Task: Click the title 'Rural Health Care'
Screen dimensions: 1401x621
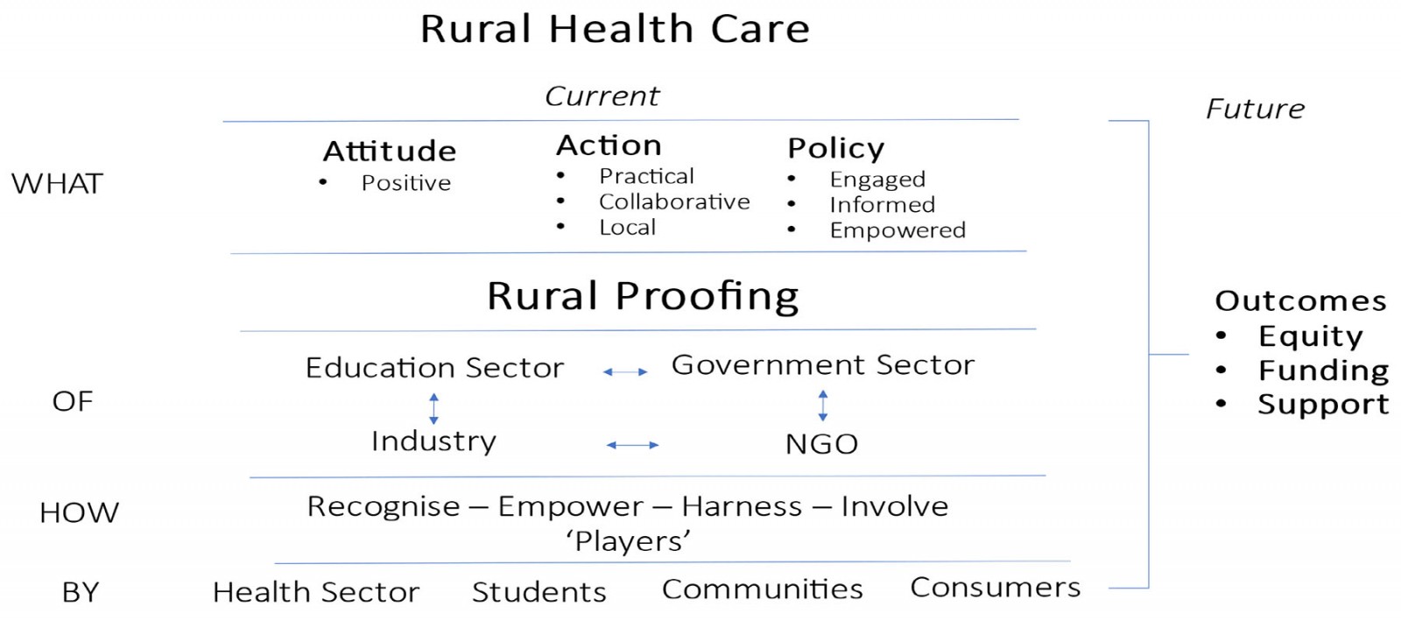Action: pyautogui.click(x=615, y=29)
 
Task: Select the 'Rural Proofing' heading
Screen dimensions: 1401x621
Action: pyautogui.click(x=643, y=296)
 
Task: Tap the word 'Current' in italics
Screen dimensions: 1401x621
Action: pyautogui.click(x=602, y=96)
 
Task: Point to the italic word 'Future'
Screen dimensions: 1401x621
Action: pyautogui.click(x=1255, y=109)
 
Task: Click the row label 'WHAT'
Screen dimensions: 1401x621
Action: pyautogui.click(x=57, y=184)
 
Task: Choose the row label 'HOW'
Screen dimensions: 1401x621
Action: pyautogui.click(x=79, y=512)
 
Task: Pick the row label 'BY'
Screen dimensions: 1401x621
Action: pyautogui.click(x=81, y=591)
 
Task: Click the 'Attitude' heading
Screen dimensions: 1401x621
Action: pyautogui.click(x=390, y=151)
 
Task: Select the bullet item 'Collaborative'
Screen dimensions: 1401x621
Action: pyautogui.click(x=674, y=201)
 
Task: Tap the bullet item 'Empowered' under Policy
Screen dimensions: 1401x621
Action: pyautogui.click(x=898, y=230)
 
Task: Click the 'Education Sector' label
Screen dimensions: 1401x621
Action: pyautogui.click(x=434, y=367)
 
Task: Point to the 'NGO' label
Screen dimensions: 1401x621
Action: pyautogui.click(x=821, y=444)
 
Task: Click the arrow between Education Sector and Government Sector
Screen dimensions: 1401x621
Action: pyautogui.click(x=625, y=372)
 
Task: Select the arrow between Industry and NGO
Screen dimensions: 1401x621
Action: pyautogui.click(x=632, y=445)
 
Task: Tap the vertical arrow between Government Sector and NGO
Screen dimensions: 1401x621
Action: pyautogui.click(x=823, y=406)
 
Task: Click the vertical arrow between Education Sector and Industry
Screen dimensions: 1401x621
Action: pyautogui.click(x=434, y=408)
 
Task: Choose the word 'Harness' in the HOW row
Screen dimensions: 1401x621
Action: pyautogui.click(x=742, y=506)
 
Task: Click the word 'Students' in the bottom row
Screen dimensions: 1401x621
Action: pyautogui.click(x=539, y=591)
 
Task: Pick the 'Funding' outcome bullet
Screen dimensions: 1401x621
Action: pyautogui.click(x=1323, y=370)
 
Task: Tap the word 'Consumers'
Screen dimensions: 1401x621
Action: pyautogui.click(x=995, y=587)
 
